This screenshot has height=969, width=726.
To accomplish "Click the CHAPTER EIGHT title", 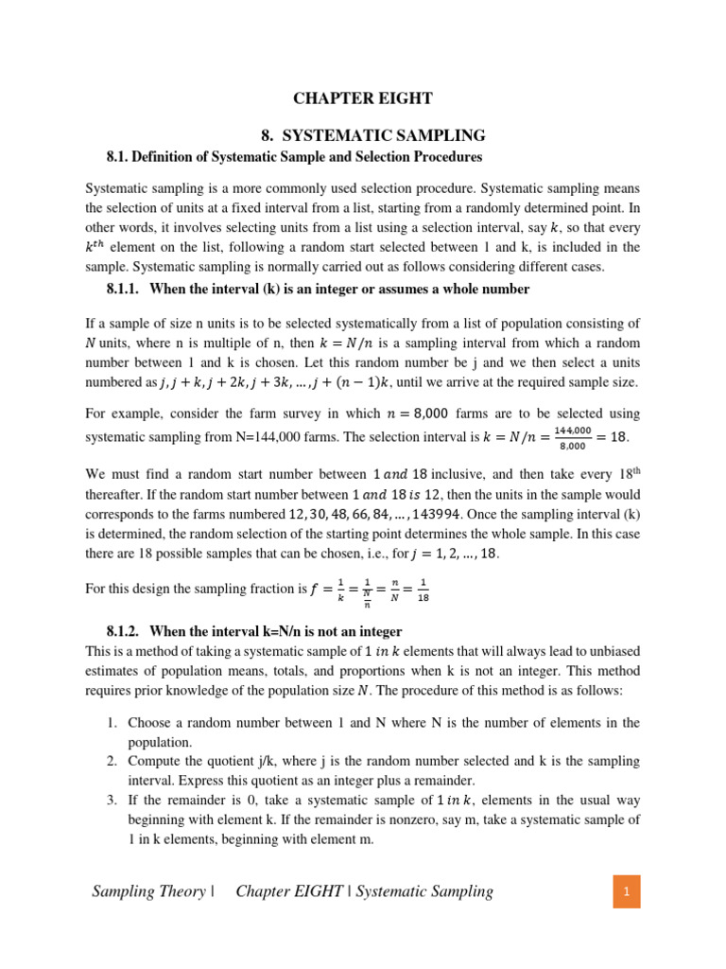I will pyautogui.click(x=363, y=97).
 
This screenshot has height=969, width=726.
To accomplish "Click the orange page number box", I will pyautogui.click(x=625, y=890).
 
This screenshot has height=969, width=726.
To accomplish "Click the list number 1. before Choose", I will pyautogui.click(x=111, y=723).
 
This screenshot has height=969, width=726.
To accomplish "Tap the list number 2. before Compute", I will pyautogui.click(x=111, y=761).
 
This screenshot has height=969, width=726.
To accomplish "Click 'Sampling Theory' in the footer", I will pyautogui.click(x=148, y=890).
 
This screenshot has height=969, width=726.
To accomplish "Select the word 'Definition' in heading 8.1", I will pyautogui.click(x=176, y=156).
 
